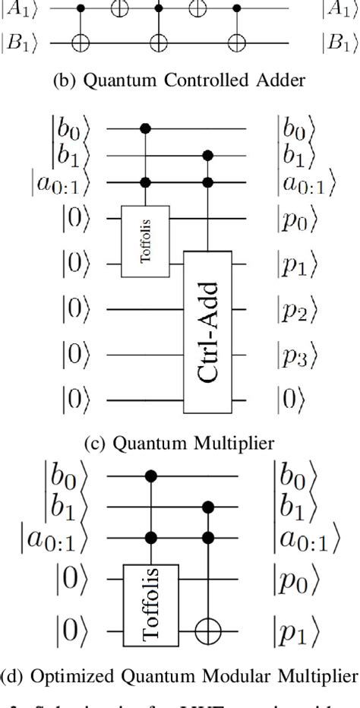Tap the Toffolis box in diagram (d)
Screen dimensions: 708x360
pos(153,599)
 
